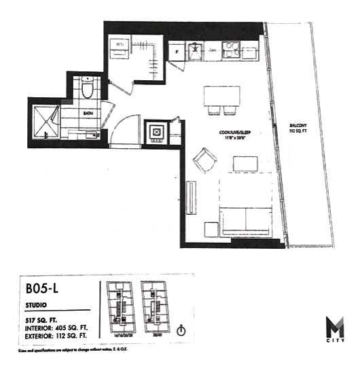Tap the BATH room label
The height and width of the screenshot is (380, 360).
pos(88,114)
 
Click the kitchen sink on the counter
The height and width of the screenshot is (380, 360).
pos(195,50)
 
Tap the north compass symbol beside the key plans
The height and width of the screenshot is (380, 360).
pos(181,331)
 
